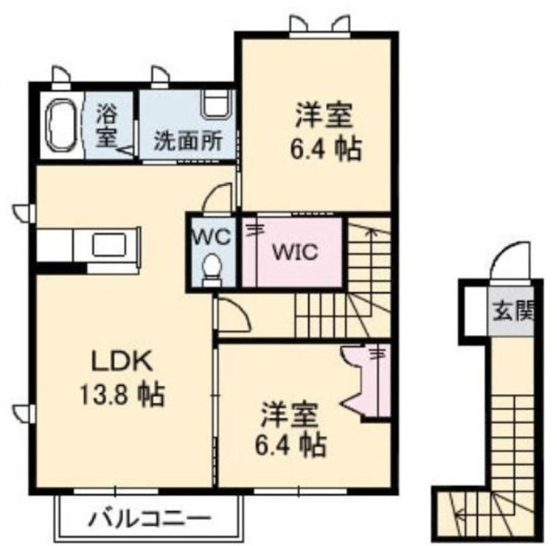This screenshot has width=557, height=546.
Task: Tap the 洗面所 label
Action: click(x=188, y=141)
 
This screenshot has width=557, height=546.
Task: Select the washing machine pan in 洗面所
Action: click(x=217, y=103)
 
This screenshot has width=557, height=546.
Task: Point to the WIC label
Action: click(x=295, y=252)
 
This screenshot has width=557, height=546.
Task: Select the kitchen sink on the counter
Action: click(x=109, y=245)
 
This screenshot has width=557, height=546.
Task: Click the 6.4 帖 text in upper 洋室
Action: click(x=326, y=148)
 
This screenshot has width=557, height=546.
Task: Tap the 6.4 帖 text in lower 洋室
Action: click(x=290, y=445)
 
